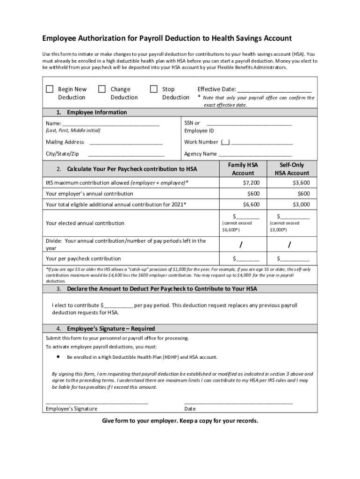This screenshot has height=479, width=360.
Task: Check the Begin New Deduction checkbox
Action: (50, 89)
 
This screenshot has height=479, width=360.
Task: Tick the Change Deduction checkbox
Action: (101, 89)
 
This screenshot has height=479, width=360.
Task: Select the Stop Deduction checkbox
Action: (153, 89)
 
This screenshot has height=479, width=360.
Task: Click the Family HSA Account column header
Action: (243, 169)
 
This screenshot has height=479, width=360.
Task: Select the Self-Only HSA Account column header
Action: (292, 169)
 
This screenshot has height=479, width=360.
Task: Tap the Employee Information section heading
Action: (97, 112)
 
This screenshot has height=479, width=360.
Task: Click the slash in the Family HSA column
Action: (241, 245)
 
